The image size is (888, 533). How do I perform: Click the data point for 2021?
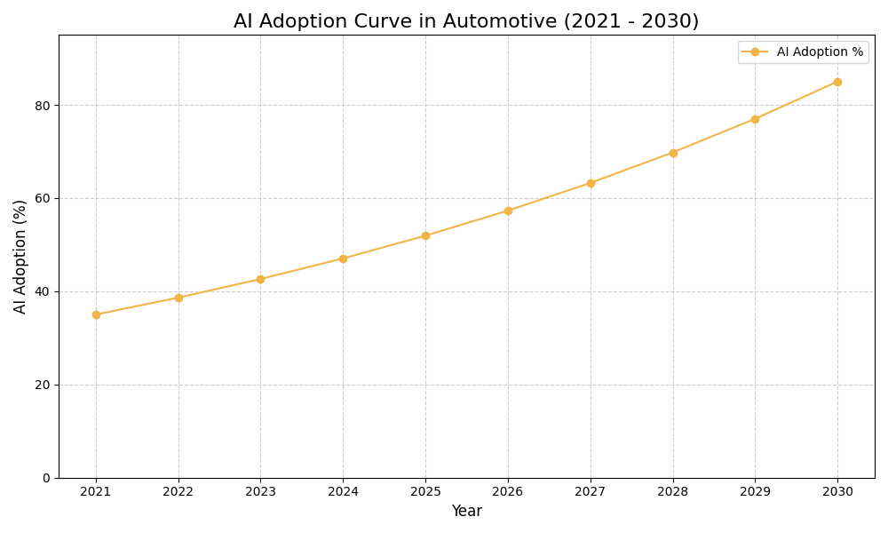96,314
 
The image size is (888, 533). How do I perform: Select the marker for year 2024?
343,259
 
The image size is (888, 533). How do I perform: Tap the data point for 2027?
591,183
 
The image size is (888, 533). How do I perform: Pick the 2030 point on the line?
837,82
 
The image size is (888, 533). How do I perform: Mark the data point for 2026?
508,211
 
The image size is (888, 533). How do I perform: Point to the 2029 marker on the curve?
755,119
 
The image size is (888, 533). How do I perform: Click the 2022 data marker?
178,298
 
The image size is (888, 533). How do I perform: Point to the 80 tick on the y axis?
43,106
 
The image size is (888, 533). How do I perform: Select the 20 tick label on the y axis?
43,385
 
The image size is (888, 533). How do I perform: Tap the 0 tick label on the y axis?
46,478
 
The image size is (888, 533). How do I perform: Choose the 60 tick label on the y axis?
43,199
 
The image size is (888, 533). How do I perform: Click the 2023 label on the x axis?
260,491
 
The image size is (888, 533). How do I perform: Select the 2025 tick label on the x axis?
425,491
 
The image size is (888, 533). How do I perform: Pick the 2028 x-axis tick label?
673,491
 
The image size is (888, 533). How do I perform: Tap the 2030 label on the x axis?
837,491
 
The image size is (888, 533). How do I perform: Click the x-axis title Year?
466,512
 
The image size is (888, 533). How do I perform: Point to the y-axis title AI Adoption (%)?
20,256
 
